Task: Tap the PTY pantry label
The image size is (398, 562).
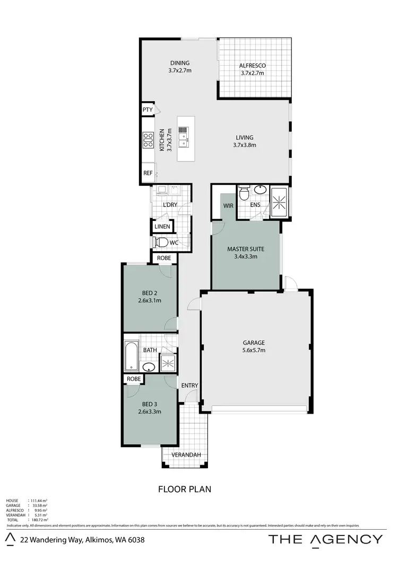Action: point(148,110)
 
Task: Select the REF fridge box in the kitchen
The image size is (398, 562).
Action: point(148,173)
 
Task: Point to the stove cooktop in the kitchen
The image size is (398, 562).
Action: point(147,139)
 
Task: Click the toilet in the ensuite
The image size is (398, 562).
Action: point(244,194)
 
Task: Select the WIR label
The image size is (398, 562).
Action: point(229,206)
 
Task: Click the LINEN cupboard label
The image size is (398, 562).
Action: point(162,227)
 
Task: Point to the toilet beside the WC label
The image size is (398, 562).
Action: point(161,243)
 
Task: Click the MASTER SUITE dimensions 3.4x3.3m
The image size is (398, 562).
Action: point(246,256)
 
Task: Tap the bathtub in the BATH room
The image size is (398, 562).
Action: point(131,355)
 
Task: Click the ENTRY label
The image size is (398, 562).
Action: point(189,385)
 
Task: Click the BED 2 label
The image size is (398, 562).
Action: point(150,293)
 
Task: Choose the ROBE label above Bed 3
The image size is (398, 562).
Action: point(134,379)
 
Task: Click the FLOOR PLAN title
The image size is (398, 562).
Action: point(185,489)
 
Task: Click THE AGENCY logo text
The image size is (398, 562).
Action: point(325,539)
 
